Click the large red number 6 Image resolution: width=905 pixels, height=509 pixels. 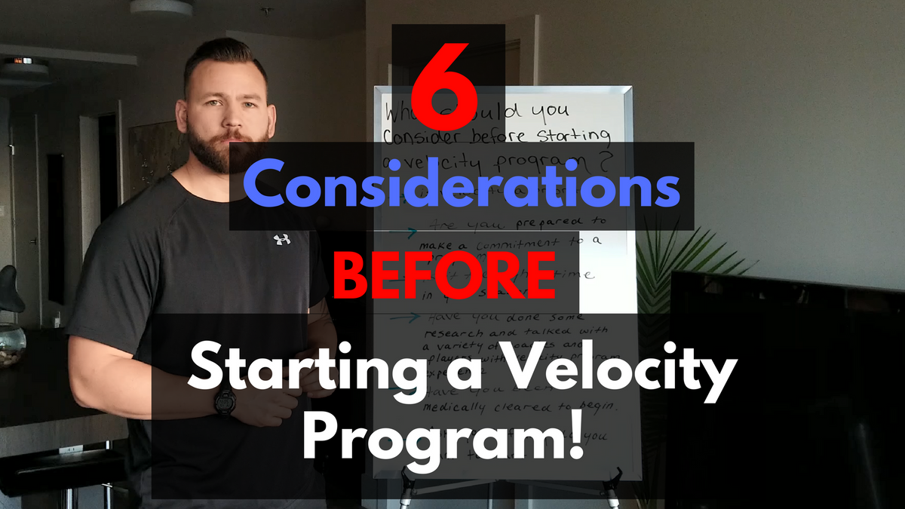tap(448, 84)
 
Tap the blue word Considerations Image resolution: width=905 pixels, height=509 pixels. tap(462, 186)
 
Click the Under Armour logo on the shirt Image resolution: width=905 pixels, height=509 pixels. tap(282, 240)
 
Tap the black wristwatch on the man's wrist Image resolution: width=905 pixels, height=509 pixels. tap(225, 401)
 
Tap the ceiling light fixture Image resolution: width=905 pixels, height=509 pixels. tap(161, 7)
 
